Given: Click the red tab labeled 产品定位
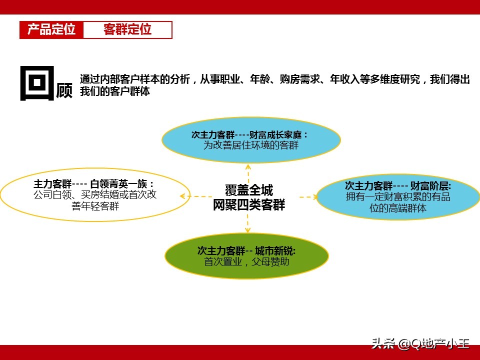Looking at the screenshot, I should [x=51, y=30].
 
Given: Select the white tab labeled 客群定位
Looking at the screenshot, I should [x=127, y=30].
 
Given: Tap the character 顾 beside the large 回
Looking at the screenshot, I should [x=64, y=90].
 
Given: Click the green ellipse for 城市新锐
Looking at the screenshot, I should [x=246, y=255].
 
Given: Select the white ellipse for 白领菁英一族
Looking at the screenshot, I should [x=95, y=194].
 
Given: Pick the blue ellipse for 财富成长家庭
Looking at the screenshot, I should [x=251, y=140].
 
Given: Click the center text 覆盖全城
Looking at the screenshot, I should [x=248, y=190].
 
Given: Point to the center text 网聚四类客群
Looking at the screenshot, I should [x=248, y=205].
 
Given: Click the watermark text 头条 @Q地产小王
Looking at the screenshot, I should [x=420, y=343].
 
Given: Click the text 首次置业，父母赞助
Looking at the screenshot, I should [x=246, y=261].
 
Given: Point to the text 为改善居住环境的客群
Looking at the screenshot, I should [x=250, y=145].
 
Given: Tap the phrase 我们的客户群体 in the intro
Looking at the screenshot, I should [x=114, y=92].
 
